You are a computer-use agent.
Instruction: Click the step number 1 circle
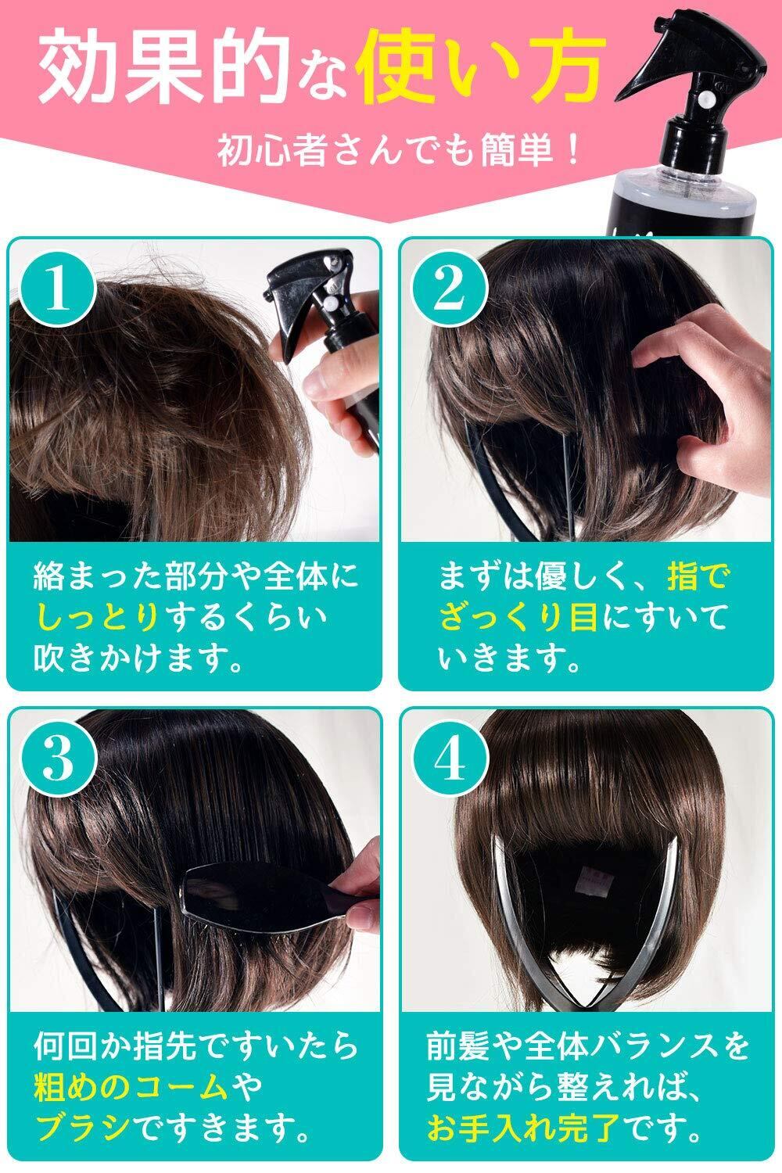pos(58,289)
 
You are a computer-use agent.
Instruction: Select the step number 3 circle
pos(58,759)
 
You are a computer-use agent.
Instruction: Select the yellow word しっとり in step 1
pos(98,617)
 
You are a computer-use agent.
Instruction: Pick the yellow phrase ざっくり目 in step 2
pos(518,617)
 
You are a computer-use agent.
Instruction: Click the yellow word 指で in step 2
pos(699,576)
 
